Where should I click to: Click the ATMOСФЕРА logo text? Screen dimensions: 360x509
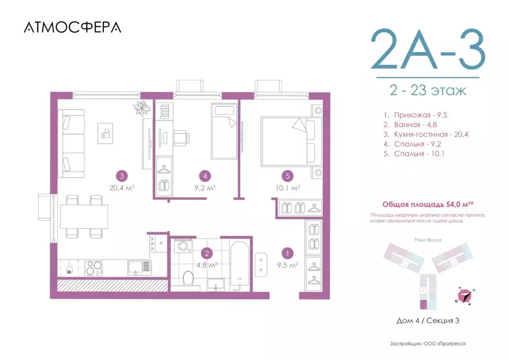72,27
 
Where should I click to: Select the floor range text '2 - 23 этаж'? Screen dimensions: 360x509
427,91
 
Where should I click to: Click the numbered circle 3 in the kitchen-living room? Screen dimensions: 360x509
121,176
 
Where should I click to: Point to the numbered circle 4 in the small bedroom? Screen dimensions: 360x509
204,176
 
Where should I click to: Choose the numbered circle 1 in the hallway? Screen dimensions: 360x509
286,253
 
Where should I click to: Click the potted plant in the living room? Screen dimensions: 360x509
142,108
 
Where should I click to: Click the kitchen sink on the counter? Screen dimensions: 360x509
140,268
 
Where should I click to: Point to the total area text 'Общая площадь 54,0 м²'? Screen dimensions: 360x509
428,204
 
